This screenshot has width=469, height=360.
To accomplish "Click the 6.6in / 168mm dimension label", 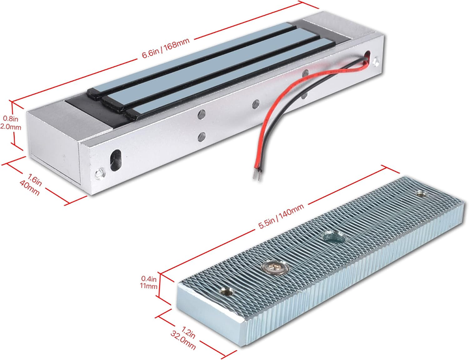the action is coord(165,48).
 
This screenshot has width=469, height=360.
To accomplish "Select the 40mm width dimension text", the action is coord(29,188).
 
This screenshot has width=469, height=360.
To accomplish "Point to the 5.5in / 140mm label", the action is coord(281,216).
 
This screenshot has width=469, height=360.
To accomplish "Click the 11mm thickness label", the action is coord(149,286).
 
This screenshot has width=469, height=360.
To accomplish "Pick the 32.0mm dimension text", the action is coord(183,340).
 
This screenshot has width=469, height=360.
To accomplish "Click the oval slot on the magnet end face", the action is coord(115,160).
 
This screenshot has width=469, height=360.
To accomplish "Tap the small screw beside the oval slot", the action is coord(100,173).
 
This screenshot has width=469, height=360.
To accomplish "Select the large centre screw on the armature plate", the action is coord(275,267).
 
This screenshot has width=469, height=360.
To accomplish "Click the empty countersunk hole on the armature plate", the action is coord(334,236).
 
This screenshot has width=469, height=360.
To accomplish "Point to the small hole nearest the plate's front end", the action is coord(227,290).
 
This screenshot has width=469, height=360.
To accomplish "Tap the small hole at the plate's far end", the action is coord(422,194).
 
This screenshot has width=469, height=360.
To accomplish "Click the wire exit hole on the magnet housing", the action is coord(367,56).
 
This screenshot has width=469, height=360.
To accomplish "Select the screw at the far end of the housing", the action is coord(376,62).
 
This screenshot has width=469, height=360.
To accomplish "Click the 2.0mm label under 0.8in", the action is coord(11,127).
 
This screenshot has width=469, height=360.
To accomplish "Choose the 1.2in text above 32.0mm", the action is coord(189,332).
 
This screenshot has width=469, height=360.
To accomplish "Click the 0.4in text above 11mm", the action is coord(149,279).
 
